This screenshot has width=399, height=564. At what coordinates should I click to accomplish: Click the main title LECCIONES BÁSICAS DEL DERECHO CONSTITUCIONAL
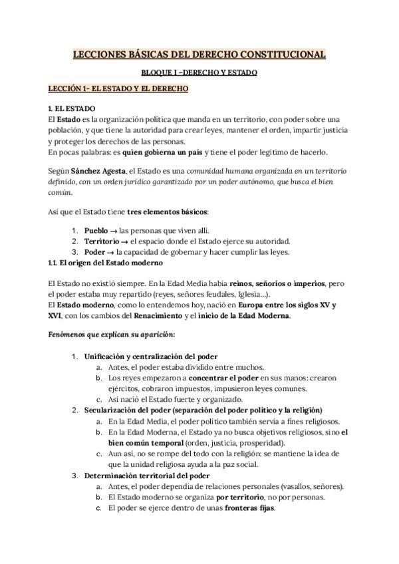[199, 55]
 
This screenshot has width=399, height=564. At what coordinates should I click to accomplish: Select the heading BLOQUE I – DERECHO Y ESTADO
[199, 72]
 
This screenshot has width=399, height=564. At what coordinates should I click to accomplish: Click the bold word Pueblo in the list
[96, 229]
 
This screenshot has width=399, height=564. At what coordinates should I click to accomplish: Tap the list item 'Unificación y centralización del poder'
[151, 356]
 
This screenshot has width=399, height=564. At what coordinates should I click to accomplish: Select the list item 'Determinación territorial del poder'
[146, 476]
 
